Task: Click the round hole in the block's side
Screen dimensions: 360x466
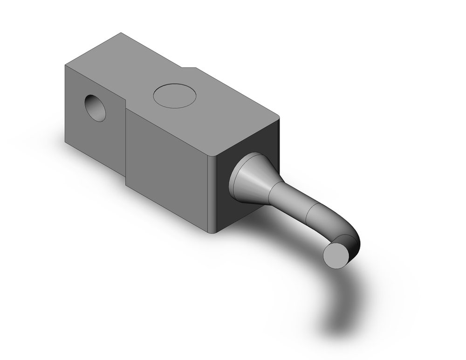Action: [96, 108]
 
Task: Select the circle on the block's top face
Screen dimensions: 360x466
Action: [175, 96]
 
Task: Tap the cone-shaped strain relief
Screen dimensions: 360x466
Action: [252, 180]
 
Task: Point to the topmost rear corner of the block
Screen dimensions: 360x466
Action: [121, 33]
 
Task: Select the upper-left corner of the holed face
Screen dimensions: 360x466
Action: [65, 66]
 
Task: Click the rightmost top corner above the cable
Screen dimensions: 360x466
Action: [279, 117]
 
